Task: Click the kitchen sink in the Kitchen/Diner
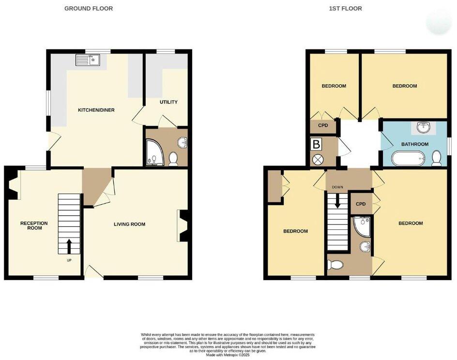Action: click(88, 60)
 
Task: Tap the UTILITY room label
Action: click(168, 102)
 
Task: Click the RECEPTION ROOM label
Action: click(34, 225)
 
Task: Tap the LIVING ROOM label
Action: click(129, 224)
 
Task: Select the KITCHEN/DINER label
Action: click(96, 110)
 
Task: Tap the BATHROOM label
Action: click(415, 144)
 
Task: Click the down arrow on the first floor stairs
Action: click(338, 202)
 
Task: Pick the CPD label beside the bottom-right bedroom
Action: click(361, 204)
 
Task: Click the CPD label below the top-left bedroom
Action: click(323, 125)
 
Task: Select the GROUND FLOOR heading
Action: click(89, 9)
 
